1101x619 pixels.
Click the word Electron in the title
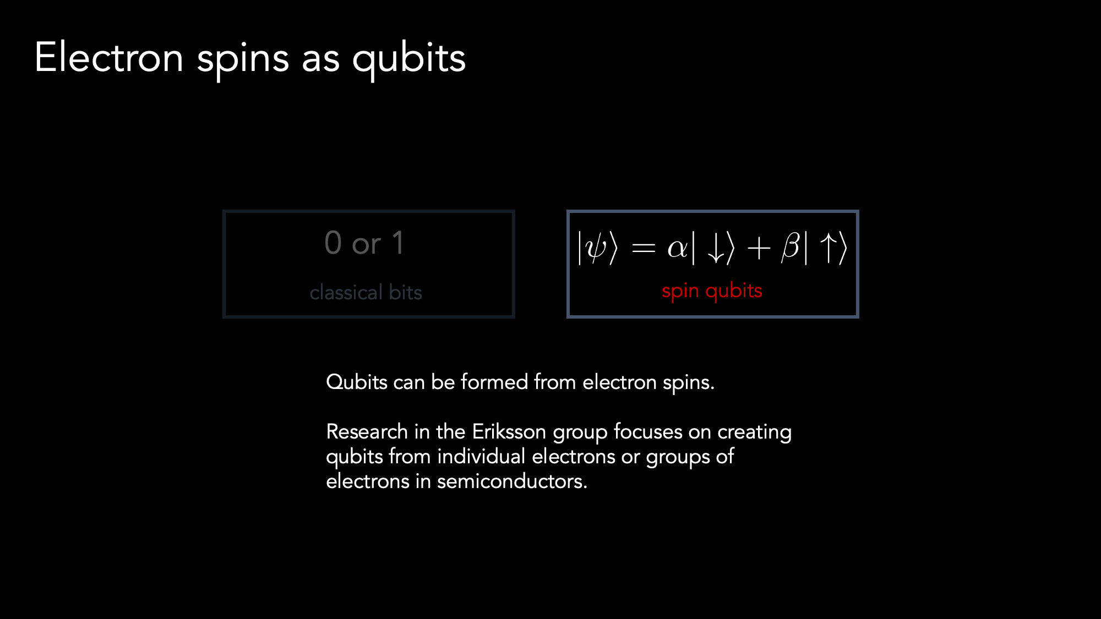[x=109, y=57]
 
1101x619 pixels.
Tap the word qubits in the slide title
[x=409, y=59]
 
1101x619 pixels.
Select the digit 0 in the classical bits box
[x=333, y=243]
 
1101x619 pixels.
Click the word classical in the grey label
[x=346, y=292]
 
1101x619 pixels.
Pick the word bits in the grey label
[x=405, y=292]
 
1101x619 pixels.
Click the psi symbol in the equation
[x=597, y=248]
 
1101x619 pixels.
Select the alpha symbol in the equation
[x=677, y=249]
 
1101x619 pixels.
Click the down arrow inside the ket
[x=716, y=248]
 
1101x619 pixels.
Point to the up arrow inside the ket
[x=829, y=248]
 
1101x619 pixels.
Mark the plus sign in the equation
[x=759, y=248]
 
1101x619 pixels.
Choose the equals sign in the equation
[x=643, y=249]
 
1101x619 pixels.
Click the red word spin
[x=680, y=291]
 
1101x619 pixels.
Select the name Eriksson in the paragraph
[x=509, y=432]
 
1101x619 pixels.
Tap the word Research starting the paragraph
[x=367, y=432]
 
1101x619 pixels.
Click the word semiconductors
[x=512, y=481]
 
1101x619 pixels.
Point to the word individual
[x=481, y=457]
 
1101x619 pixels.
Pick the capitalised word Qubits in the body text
[x=357, y=382]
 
